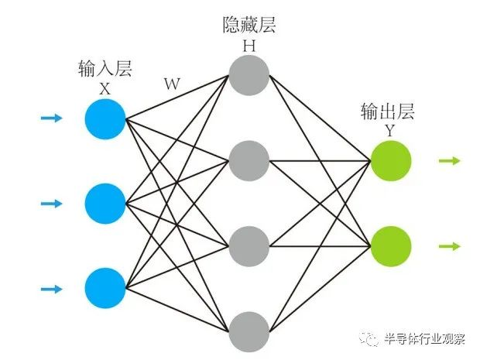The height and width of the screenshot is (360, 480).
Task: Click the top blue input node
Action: [x=106, y=119]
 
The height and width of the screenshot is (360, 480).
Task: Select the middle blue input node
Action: [x=106, y=204]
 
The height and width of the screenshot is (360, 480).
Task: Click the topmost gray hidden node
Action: [x=249, y=76]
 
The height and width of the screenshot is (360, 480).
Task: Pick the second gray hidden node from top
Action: [x=249, y=161]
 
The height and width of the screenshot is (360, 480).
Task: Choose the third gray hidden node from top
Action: [x=249, y=246]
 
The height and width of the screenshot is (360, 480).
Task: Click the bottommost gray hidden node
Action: [x=249, y=331]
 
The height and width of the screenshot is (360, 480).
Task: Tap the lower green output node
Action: [x=390, y=246]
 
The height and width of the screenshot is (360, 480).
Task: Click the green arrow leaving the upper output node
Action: [x=450, y=161]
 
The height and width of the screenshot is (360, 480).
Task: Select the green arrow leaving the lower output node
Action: [x=450, y=246]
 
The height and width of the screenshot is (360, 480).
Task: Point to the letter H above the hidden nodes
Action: [x=249, y=45]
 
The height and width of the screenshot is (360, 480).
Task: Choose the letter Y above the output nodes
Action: [x=389, y=131]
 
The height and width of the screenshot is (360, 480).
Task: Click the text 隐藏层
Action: [x=249, y=26]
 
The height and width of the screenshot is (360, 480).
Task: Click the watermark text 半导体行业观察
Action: [x=425, y=338]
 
